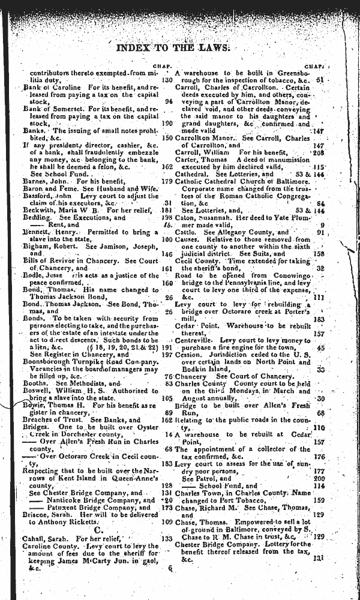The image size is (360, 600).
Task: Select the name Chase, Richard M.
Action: click(x=207, y=506)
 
